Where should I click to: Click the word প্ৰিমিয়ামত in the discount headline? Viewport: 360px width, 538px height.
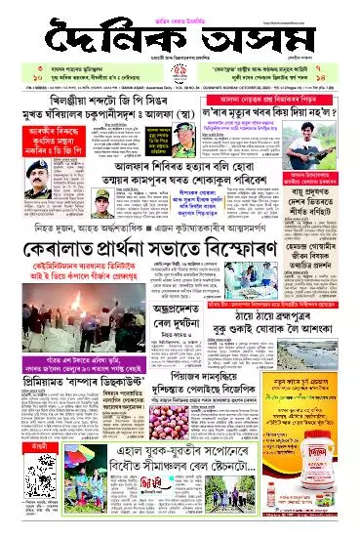pyautogui.click(x=33, y=384)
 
